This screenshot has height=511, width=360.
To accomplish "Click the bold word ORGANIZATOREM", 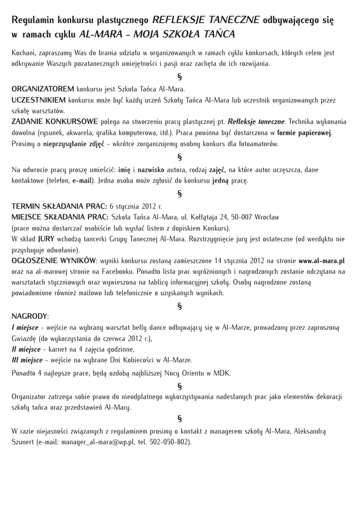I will [x=43, y=89].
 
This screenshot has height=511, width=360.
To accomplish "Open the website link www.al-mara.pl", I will [x=322, y=261].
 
